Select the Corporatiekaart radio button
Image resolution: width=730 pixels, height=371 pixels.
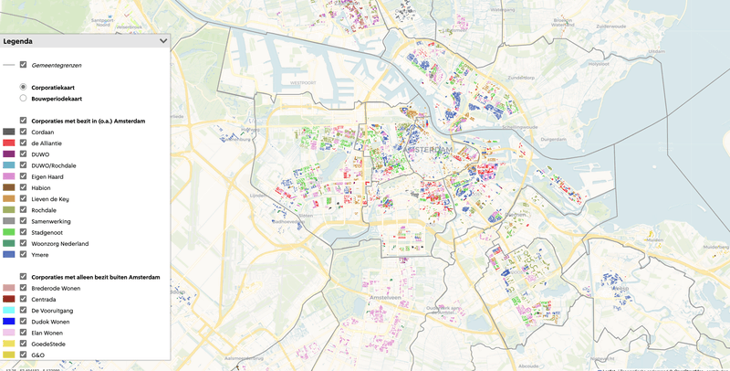click(x=24, y=87)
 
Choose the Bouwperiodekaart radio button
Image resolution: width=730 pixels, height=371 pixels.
click(x=24, y=98)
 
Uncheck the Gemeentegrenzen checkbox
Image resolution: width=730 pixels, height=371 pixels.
click(x=24, y=65)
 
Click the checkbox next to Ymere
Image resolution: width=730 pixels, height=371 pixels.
click(x=24, y=254)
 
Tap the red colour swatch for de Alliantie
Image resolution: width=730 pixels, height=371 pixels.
click(x=9, y=143)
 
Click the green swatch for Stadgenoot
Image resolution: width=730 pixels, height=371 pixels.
click(x=9, y=232)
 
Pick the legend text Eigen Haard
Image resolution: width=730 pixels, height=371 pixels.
click(x=48, y=176)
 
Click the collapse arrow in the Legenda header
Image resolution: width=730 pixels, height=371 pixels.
click(x=163, y=40)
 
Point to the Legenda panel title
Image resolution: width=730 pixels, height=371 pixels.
click(x=20, y=40)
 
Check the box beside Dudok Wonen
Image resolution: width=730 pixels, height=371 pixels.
click(x=24, y=321)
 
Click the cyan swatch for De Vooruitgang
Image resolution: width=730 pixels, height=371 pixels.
click(x=9, y=310)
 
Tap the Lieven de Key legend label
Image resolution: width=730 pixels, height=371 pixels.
click(x=51, y=198)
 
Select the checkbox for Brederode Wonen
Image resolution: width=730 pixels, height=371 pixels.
click(x=24, y=288)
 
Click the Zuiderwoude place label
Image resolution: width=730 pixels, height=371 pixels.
click(x=616, y=26)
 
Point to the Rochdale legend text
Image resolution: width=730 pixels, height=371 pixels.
click(x=44, y=210)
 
